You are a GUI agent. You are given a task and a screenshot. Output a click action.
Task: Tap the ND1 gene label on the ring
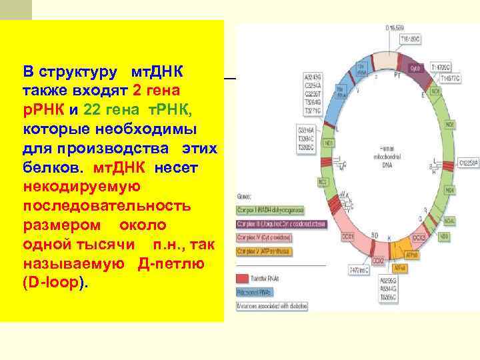328,143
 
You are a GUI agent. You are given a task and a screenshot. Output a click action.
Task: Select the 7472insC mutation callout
353,271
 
